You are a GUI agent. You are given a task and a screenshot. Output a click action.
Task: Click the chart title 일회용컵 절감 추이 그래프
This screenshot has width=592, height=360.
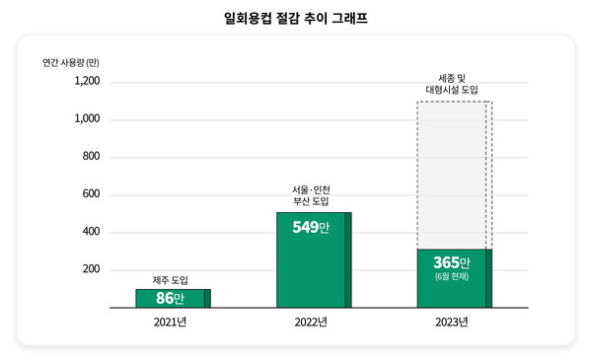pos(295,17)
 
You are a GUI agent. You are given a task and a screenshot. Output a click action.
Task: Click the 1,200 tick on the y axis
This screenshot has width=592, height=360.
pos(86,82)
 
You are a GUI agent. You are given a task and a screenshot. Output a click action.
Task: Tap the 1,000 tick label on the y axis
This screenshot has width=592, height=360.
pos(86,119)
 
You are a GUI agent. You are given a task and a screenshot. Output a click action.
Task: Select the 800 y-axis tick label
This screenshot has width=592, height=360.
pos(90,157)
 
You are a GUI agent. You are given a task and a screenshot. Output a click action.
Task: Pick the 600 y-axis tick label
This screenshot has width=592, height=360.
pos(90,194)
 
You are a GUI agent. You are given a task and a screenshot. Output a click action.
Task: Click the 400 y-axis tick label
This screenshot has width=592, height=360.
pos(90,233)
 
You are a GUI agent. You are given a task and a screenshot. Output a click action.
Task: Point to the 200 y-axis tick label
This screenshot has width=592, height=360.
pos(90,270)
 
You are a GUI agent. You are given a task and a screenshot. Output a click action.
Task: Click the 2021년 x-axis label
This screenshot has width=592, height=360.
pos(172,323)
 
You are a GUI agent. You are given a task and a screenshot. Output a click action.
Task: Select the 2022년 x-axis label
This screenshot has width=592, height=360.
pos(311,323)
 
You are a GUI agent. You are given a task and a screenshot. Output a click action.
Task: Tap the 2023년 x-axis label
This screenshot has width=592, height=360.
pos(452,323)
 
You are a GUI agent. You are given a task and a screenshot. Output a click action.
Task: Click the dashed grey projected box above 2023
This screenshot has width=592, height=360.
pos(453,173)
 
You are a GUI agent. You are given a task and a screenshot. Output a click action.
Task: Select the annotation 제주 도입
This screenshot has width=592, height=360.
pos(170,279)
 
